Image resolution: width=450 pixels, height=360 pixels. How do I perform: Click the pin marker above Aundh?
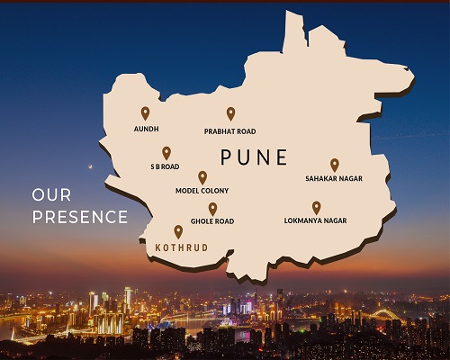click(145, 112)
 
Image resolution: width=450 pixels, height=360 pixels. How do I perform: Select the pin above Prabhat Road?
click(230, 112)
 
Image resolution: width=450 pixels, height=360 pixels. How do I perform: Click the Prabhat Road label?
click(230, 131)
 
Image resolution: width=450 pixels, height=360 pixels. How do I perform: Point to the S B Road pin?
click(166, 152)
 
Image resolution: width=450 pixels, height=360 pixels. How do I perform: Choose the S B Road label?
click(166, 167)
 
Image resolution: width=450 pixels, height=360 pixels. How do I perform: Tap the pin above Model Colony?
click(202, 176)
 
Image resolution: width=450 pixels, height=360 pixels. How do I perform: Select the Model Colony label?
click(202, 191)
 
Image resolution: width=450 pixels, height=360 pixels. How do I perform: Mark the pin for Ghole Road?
click(213, 208)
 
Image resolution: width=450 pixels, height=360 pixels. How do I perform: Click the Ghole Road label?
click(212, 221)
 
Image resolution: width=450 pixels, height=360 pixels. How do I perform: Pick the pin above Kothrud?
click(178, 230)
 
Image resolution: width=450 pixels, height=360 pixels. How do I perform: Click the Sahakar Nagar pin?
click(334, 164)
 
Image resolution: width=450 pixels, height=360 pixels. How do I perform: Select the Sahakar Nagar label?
click(334, 179)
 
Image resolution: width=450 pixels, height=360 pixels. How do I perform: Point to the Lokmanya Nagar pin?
click(316, 207)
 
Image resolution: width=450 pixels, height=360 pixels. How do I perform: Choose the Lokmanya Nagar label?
click(315, 220)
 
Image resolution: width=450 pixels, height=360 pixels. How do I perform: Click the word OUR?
click(51, 194)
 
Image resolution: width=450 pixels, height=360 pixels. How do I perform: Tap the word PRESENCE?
click(79, 217)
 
